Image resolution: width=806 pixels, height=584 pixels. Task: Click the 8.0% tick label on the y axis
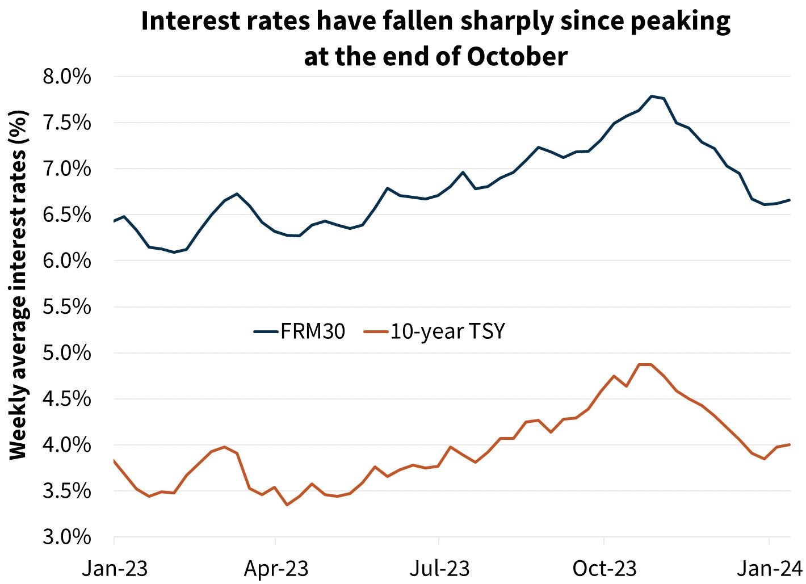[x=66, y=77]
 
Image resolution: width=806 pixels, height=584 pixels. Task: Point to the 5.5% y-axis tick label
[x=66, y=307]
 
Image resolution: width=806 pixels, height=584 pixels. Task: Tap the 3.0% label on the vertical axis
[x=66, y=537]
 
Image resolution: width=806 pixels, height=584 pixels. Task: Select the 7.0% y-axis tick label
[x=66, y=169]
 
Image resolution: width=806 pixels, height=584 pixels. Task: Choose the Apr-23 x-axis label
[x=276, y=568]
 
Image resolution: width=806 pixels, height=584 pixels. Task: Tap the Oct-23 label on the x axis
[x=604, y=568]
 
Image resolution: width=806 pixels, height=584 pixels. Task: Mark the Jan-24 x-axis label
[x=770, y=568]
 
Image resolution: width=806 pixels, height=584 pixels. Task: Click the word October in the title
[x=517, y=56]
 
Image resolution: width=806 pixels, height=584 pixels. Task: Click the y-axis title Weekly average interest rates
[x=18, y=284]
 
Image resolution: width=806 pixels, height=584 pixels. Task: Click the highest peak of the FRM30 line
[x=652, y=96]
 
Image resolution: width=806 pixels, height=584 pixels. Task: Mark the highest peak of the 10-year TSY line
[x=645, y=364]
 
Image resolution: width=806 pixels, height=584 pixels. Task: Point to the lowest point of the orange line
[x=287, y=505]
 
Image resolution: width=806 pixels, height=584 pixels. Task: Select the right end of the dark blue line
[x=790, y=200]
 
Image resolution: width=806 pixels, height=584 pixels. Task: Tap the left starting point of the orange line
[x=115, y=461]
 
